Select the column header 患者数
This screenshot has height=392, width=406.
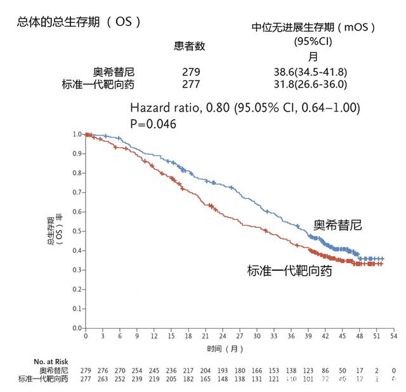pyautogui.click(x=190, y=46)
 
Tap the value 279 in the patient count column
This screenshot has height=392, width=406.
pyautogui.click(x=191, y=72)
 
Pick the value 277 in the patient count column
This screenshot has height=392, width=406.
pyautogui.click(x=191, y=84)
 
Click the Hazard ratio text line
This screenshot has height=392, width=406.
pyautogui.click(x=244, y=108)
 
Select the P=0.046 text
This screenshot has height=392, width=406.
pyautogui.click(x=152, y=124)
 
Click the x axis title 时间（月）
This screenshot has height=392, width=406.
pyautogui.click(x=225, y=349)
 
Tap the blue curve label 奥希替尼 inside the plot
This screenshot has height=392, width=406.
pyautogui.click(x=337, y=225)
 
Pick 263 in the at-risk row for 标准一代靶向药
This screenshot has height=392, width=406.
pyautogui.click(x=103, y=379)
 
